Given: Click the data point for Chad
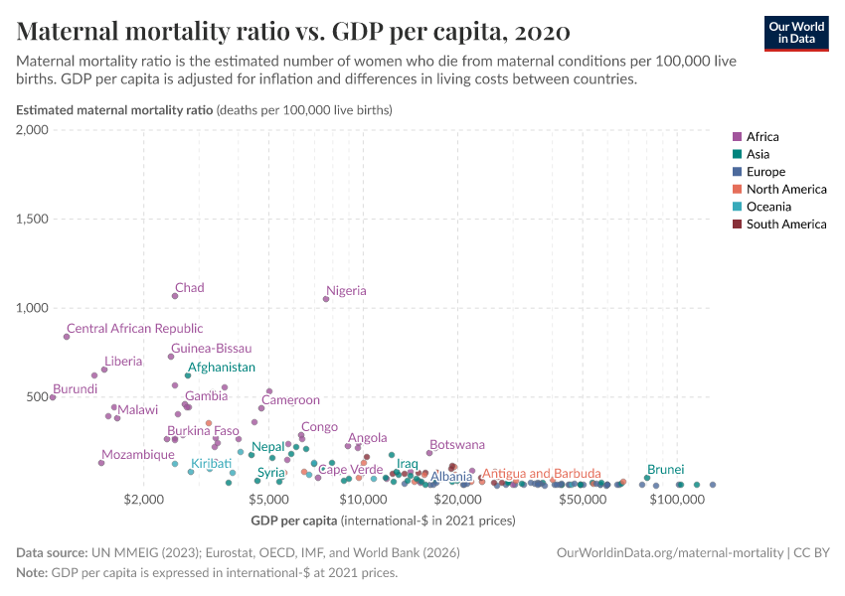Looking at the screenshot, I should click(x=175, y=296).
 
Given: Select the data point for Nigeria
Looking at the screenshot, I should click(x=325, y=299).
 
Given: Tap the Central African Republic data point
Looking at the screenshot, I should click(x=67, y=337).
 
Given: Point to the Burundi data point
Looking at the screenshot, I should click(x=53, y=397).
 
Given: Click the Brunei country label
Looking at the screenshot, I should click(x=665, y=469).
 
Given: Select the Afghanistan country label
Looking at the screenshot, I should click(x=221, y=368).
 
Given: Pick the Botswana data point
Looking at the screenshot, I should click(x=429, y=453).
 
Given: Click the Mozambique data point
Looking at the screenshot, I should click(x=101, y=463).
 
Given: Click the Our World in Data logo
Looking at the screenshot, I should click(x=795, y=33).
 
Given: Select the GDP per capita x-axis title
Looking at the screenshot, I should click(x=294, y=521).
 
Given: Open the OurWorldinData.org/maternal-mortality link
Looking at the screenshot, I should click(x=671, y=552).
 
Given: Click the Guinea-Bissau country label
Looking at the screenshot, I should click(x=211, y=349).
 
